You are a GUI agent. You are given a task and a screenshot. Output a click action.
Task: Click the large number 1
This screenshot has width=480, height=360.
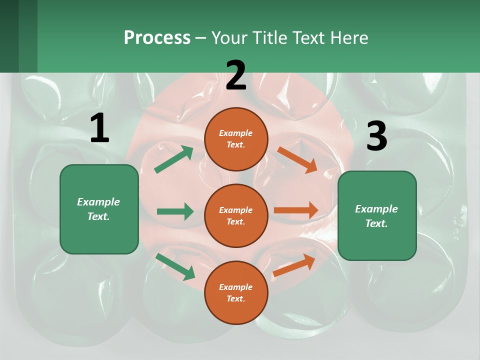click(x=99, y=128)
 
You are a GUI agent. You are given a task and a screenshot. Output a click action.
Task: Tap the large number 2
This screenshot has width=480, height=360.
click(x=236, y=75)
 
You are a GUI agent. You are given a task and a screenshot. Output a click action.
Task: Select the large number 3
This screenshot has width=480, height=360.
click(x=376, y=136)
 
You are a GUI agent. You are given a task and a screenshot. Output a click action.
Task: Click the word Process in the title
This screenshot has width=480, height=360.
click(x=157, y=37)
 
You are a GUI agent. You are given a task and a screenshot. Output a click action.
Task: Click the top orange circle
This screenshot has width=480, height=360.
click(x=236, y=139)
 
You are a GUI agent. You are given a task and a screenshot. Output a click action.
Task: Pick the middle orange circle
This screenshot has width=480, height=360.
click(x=236, y=215)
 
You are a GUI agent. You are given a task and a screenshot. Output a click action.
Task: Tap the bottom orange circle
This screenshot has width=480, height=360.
click(x=236, y=292)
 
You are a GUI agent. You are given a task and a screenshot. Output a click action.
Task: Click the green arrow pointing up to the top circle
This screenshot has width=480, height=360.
click(x=173, y=159)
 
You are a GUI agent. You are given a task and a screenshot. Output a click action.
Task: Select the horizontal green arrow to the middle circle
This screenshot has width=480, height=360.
click(x=175, y=211)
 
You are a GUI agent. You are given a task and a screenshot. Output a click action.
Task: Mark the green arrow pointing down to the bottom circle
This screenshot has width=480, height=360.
click(x=175, y=266)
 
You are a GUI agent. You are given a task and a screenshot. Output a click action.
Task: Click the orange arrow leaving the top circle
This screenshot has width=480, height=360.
click(x=297, y=159)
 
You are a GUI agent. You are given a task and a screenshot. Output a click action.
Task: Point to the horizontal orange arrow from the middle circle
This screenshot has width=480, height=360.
click(x=296, y=210)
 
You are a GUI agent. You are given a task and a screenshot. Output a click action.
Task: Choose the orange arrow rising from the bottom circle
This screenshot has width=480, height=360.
click(x=294, y=265)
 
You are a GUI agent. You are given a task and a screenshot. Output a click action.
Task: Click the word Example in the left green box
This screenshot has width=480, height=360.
click(x=98, y=202)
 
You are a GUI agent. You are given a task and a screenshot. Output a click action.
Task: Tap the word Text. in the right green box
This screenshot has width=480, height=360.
click(x=376, y=223)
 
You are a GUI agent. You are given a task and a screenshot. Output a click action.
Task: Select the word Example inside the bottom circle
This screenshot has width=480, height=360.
click(x=235, y=287)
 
